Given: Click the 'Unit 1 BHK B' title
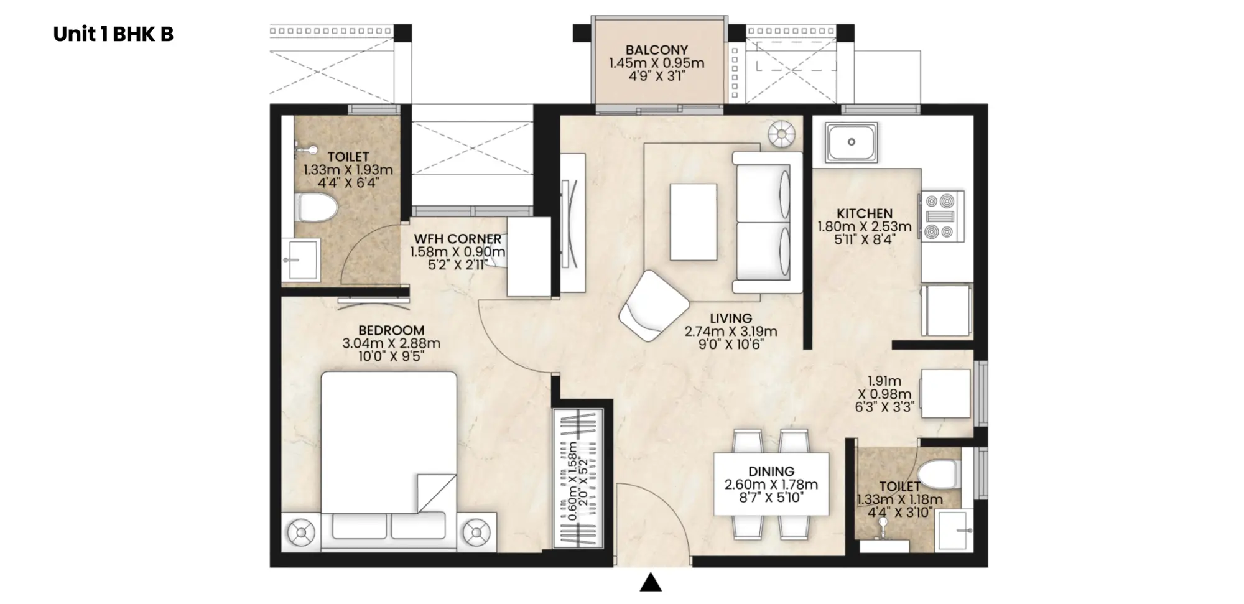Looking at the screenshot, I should click(x=113, y=34).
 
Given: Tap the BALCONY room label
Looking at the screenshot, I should click(x=656, y=50).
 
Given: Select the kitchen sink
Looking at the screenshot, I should click(x=851, y=142).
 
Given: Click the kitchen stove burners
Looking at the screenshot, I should click(x=940, y=216).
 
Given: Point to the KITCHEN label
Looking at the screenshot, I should click(x=864, y=213).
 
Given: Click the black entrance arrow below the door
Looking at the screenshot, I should click(x=651, y=582).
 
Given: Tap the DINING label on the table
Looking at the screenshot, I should click(x=771, y=472).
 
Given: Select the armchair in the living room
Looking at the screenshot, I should click(x=653, y=305).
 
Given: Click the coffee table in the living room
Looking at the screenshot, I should click(x=693, y=221).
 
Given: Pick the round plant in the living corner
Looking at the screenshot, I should click(x=781, y=134).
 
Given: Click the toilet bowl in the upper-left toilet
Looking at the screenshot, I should click(x=317, y=207).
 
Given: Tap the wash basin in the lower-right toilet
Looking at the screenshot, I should click(x=954, y=530).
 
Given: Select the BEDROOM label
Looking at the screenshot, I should click(x=391, y=330).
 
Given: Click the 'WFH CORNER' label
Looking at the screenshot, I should click(x=457, y=239).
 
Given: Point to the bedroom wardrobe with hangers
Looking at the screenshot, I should click(x=578, y=478).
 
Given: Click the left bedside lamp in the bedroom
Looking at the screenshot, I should click(x=301, y=532).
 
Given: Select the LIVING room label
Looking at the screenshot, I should click(x=731, y=318).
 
